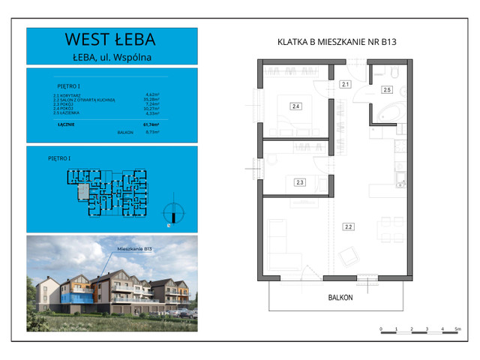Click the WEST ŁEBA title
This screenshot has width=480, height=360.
[112, 38]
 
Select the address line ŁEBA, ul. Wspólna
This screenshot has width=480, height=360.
[112, 55]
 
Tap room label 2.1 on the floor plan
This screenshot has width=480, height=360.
[345, 85]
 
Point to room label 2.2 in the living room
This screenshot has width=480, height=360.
[348, 226]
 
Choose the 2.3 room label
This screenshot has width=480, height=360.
[299, 182]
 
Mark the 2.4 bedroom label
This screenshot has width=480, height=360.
[296, 106]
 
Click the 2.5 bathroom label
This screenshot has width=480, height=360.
[387, 90]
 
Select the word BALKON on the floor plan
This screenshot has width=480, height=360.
[340, 298]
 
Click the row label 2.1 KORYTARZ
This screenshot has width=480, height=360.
[67, 94]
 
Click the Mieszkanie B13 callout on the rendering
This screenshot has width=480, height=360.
[135, 247]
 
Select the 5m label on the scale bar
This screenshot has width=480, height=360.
[457, 329]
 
